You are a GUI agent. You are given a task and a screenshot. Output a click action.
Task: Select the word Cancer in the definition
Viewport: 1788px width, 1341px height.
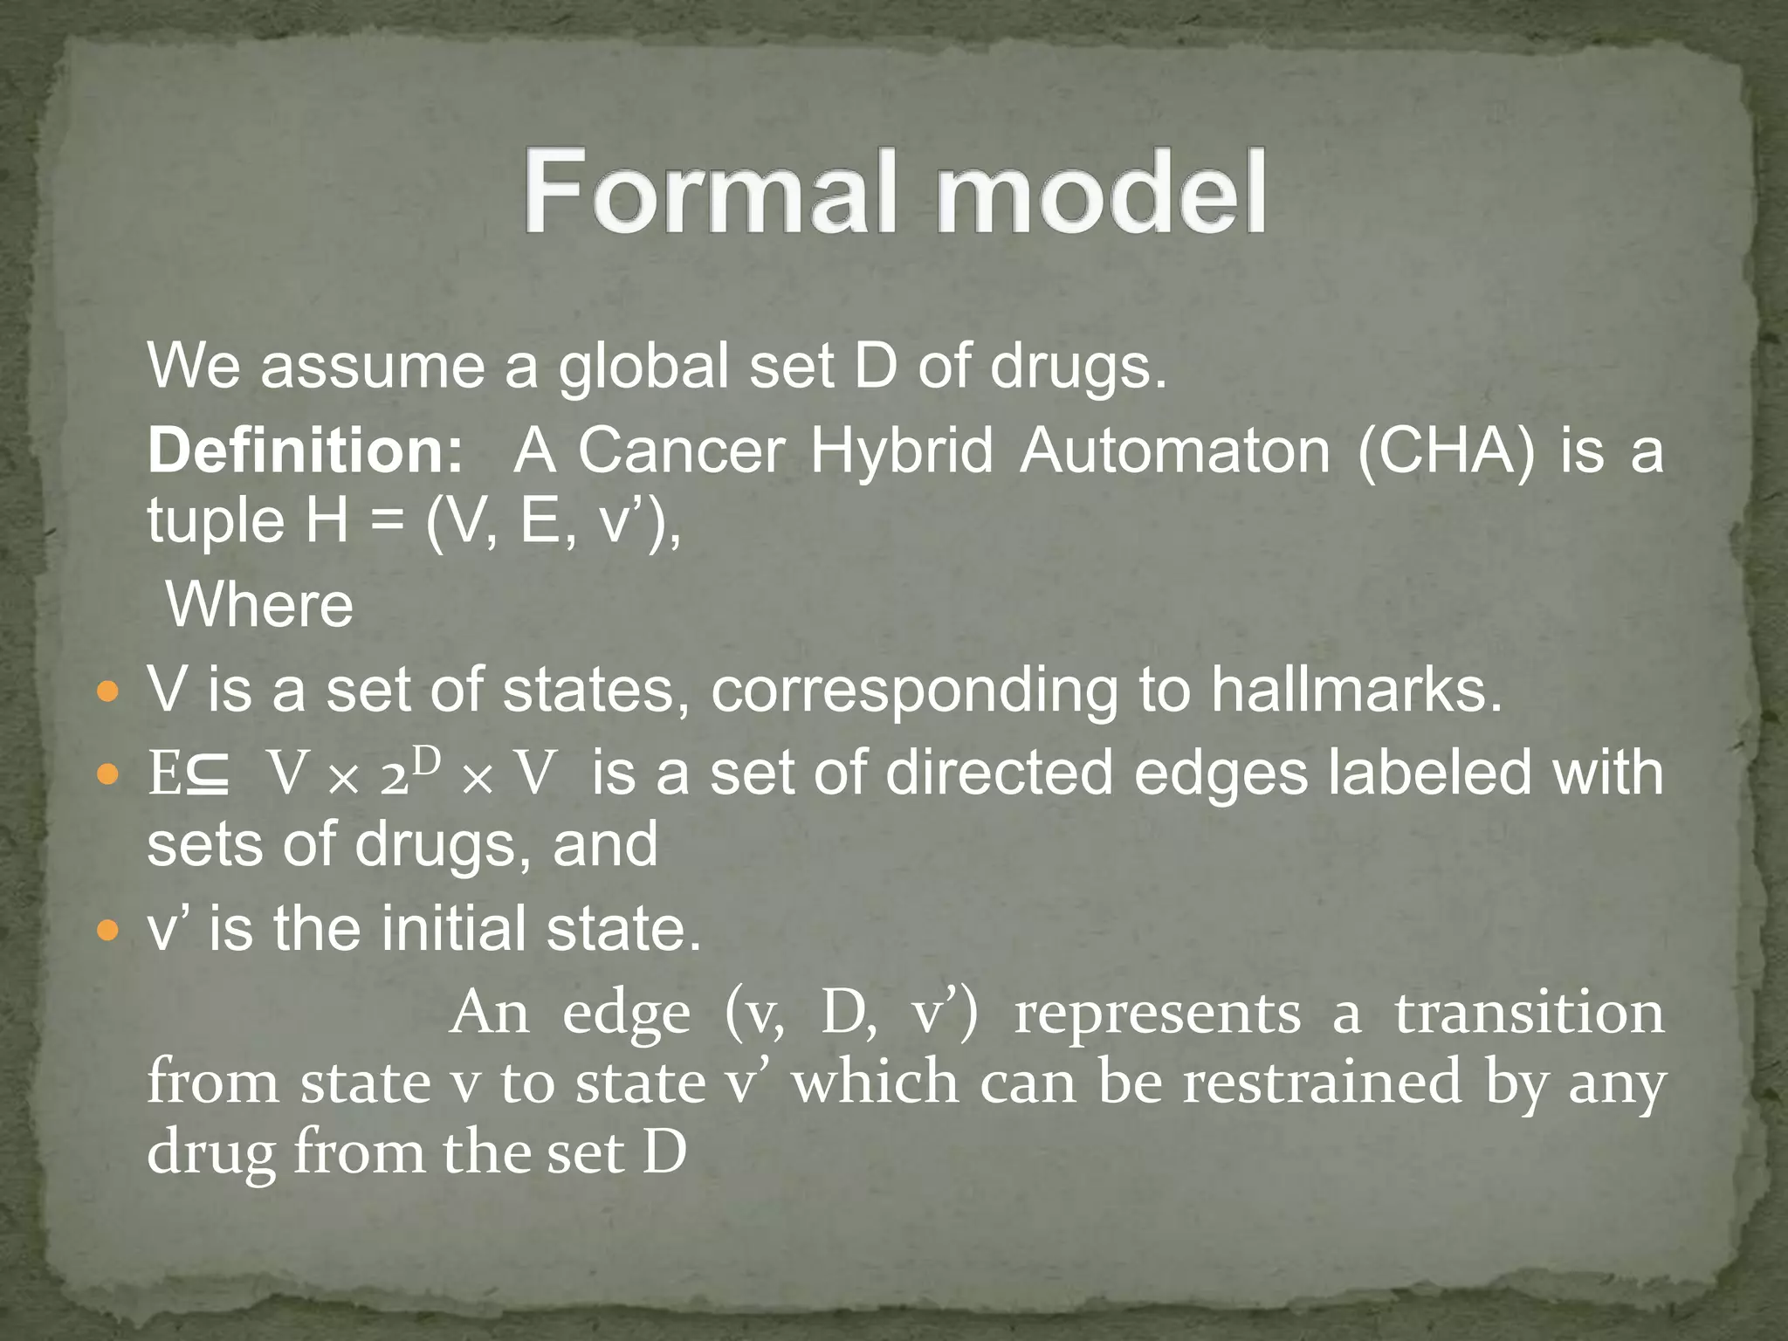(x=681, y=450)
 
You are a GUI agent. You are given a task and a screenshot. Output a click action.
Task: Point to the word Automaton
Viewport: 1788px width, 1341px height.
(x=1175, y=450)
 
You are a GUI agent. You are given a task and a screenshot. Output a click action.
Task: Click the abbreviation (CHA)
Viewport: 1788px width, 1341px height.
(x=1446, y=450)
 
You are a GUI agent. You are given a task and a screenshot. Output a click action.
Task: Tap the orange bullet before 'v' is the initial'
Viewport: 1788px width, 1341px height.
(x=107, y=932)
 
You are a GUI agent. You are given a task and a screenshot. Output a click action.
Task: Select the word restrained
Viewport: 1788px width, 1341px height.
(x=1322, y=1082)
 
